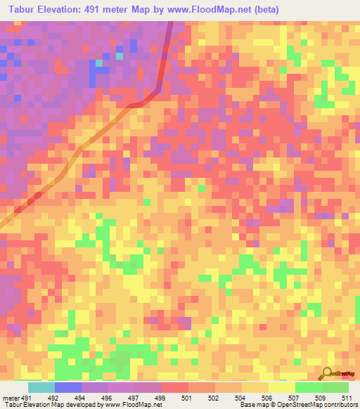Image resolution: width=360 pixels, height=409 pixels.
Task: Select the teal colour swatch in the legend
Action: [x=41, y=387]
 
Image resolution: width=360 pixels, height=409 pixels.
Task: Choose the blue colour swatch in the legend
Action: [x=68, y=387]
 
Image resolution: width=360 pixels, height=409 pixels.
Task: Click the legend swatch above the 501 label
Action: [x=175, y=387]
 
